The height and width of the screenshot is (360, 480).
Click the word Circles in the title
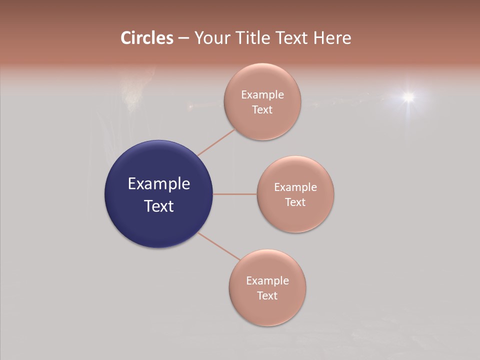(x=147, y=38)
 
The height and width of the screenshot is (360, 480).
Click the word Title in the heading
(x=254, y=38)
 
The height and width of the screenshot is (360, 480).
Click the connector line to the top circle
(x=216, y=142)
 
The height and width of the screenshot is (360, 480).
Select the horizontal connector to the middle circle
(x=234, y=194)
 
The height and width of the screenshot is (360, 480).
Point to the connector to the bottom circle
(x=219, y=246)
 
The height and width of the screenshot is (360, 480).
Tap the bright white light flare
(x=408, y=96)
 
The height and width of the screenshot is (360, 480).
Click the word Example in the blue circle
(x=159, y=184)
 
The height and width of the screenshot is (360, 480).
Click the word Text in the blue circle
(x=159, y=206)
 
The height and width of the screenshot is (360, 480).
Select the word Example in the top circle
(x=262, y=95)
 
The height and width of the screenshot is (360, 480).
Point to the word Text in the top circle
(x=262, y=110)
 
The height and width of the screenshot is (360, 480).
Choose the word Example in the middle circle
(x=295, y=187)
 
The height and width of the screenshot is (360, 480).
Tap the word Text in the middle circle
(x=295, y=202)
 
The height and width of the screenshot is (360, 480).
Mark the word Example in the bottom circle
(x=267, y=281)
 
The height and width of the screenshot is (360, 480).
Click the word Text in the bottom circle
(x=267, y=296)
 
